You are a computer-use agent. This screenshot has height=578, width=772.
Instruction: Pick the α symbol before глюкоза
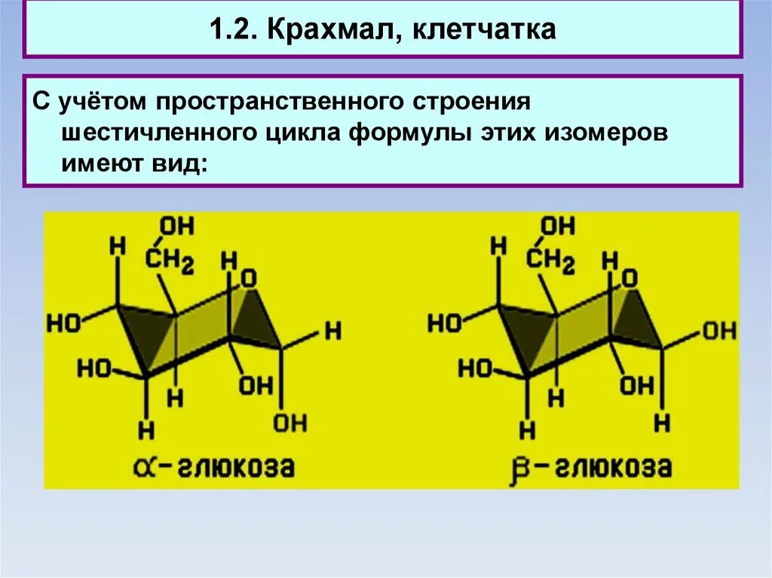pos(155,467)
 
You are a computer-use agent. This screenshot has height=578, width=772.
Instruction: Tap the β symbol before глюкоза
pos(537,467)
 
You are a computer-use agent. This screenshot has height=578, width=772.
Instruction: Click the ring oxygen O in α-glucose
pos(250,280)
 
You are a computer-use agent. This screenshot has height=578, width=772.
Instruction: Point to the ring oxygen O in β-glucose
pos(630,280)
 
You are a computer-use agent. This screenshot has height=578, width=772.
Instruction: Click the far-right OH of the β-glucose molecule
pos(720,331)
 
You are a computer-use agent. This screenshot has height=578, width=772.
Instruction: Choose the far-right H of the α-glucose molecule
pos(332,330)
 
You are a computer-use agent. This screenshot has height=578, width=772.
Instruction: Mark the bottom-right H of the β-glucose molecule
pos(662,422)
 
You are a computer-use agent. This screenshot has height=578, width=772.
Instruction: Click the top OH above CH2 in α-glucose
pos(178,225)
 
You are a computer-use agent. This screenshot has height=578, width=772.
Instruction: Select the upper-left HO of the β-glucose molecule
pos(444,323)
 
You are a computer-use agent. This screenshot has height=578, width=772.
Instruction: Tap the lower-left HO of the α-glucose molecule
pos(94,369)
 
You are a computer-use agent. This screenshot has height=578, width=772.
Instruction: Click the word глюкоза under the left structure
pos(236,467)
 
